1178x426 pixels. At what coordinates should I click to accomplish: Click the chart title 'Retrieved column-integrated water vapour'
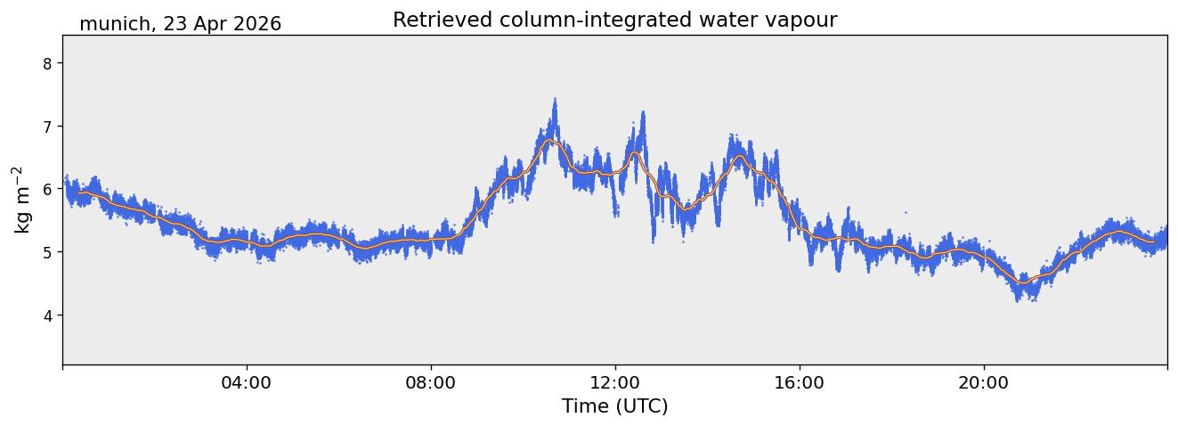[x=614, y=20]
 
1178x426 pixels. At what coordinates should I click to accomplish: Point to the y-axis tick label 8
[x=47, y=63]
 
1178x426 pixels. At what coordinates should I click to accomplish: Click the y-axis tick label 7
[x=47, y=127]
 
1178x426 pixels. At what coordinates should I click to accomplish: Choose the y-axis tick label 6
[x=47, y=190]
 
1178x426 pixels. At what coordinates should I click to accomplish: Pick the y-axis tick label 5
[x=47, y=252]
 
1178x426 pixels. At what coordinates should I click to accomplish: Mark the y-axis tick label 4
[x=47, y=315]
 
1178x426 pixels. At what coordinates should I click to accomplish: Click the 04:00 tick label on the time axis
[x=246, y=383]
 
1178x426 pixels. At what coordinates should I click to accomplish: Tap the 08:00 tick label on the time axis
[x=431, y=383]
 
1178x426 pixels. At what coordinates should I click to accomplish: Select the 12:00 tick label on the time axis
[x=615, y=383]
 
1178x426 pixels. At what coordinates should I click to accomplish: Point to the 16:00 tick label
[x=800, y=383]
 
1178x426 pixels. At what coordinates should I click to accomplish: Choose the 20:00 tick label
[x=984, y=383]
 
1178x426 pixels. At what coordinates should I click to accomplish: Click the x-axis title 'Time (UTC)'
[x=614, y=406]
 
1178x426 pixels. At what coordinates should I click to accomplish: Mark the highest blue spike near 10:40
[x=555, y=99]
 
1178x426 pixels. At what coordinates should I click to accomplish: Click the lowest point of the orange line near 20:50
[x=1023, y=283]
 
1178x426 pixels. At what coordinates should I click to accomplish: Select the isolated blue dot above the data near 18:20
[x=906, y=213]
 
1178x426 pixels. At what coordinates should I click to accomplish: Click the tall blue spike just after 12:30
[x=643, y=112]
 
